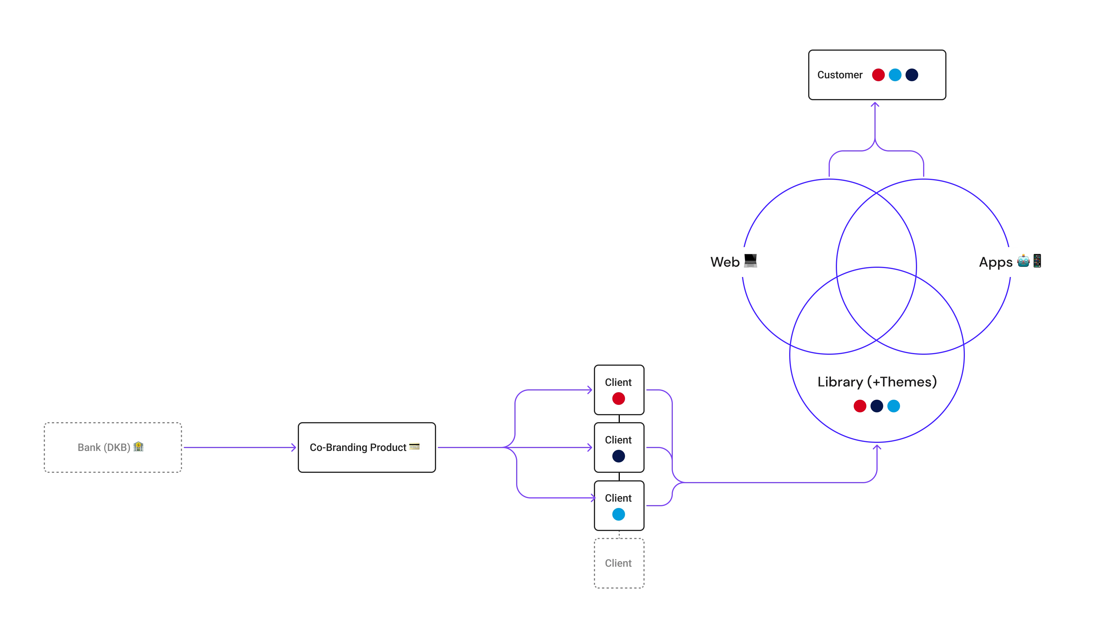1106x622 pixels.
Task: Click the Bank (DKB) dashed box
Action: (113, 447)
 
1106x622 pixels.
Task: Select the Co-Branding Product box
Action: (367, 447)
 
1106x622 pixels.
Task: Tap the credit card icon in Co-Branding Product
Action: (414, 446)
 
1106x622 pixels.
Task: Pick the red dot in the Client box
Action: (618, 398)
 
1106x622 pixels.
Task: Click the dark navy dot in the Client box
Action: (618, 456)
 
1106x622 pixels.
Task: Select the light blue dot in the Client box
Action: (618, 514)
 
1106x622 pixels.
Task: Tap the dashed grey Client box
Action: (618, 563)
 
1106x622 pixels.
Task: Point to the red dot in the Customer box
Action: (878, 75)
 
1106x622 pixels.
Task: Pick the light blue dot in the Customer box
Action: (895, 75)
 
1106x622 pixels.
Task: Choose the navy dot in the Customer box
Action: (912, 75)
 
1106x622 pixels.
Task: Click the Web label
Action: (725, 262)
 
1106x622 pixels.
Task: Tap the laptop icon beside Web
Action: (750, 261)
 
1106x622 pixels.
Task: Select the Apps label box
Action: (1011, 262)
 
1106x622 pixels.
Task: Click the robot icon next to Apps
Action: (1023, 261)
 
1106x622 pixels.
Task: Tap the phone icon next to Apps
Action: (1037, 261)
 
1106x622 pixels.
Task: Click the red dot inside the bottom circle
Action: (859, 406)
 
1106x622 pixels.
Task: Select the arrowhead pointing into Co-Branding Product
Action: (294, 448)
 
